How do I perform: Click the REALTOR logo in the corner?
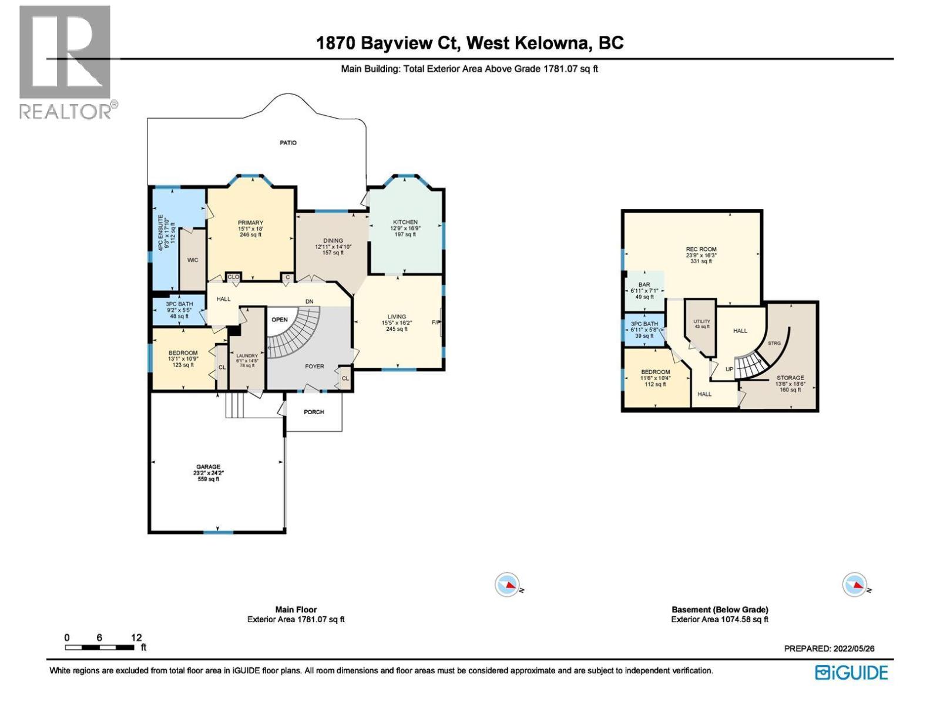[65, 62]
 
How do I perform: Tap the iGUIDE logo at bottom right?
[851, 673]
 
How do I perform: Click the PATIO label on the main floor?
[288, 143]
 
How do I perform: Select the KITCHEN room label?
[405, 223]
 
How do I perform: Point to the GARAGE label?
[209, 467]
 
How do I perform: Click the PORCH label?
[314, 412]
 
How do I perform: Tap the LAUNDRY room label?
[247, 356]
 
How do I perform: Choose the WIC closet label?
[193, 260]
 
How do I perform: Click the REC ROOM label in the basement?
[701, 250]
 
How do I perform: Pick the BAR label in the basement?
[644, 285]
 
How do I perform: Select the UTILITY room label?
[701, 321]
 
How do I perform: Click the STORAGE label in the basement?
[790, 378]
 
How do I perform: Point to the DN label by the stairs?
[309, 301]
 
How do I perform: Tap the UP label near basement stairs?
[729, 369]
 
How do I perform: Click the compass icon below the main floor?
[507, 585]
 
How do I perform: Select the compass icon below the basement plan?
[854, 585]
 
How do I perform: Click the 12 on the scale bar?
[136, 637]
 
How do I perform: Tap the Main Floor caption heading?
[296, 610]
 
